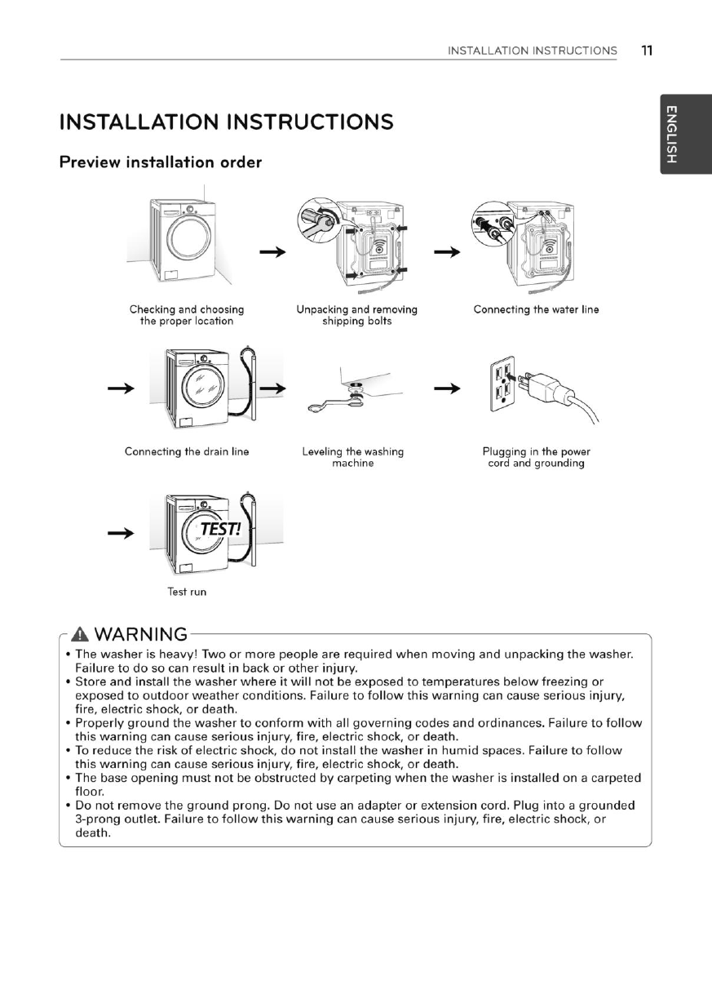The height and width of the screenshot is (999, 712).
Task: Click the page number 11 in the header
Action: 647,51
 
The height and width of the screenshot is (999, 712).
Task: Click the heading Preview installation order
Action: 161,162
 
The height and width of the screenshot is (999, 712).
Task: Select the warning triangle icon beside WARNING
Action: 80,634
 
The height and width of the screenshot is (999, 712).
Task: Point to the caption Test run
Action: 187,592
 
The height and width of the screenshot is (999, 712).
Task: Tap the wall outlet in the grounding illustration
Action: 502,382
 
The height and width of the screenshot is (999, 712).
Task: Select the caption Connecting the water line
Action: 536,309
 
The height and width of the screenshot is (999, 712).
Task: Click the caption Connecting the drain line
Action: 187,451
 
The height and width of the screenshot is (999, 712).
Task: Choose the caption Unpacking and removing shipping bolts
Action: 356,315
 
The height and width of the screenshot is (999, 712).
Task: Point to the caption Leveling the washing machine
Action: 352,457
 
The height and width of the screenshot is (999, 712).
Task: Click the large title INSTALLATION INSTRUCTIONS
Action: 226,122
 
